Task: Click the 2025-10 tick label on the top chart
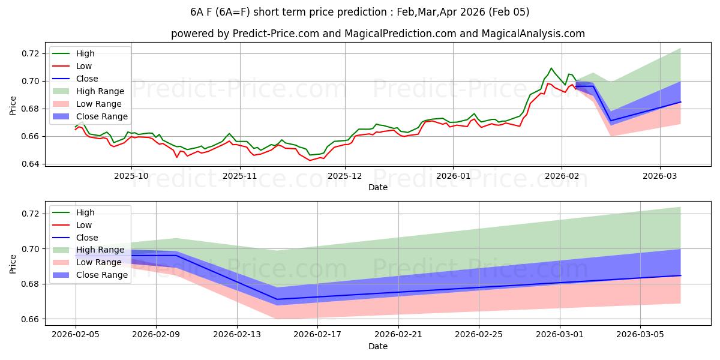pyautogui.click(x=131, y=175)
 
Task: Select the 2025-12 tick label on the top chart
pyautogui.click(x=346, y=175)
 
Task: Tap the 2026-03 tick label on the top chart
pyautogui.click(x=659, y=175)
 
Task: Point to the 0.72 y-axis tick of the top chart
pyautogui.click(x=31, y=53)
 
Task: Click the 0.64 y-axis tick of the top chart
pyautogui.click(x=31, y=164)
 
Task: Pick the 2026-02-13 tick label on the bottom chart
pyautogui.click(x=236, y=334)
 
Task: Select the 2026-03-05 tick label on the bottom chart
pyautogui.click(x=640, y=334)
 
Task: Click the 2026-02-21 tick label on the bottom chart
pyautogui.click(x=398, y=334)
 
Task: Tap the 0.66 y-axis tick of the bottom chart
pyautogui.click(x=31, y=319)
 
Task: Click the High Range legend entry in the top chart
pyautogui.click(x=99, y=91)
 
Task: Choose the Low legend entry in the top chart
pyautogui.click(x=84, y=66)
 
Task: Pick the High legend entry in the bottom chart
pyautogui.click(x=85, y=212)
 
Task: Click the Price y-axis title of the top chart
pyautogui.click(x=13, y=106)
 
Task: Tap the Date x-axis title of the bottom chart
pyautogui.click(x=378, y=346)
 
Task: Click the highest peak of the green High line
pyautogui.click(x=551, y=68)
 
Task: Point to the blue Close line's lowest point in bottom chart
pyautogui.click(x=277, y=299)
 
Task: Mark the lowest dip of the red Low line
pyautogui.click(x=310, y=160)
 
